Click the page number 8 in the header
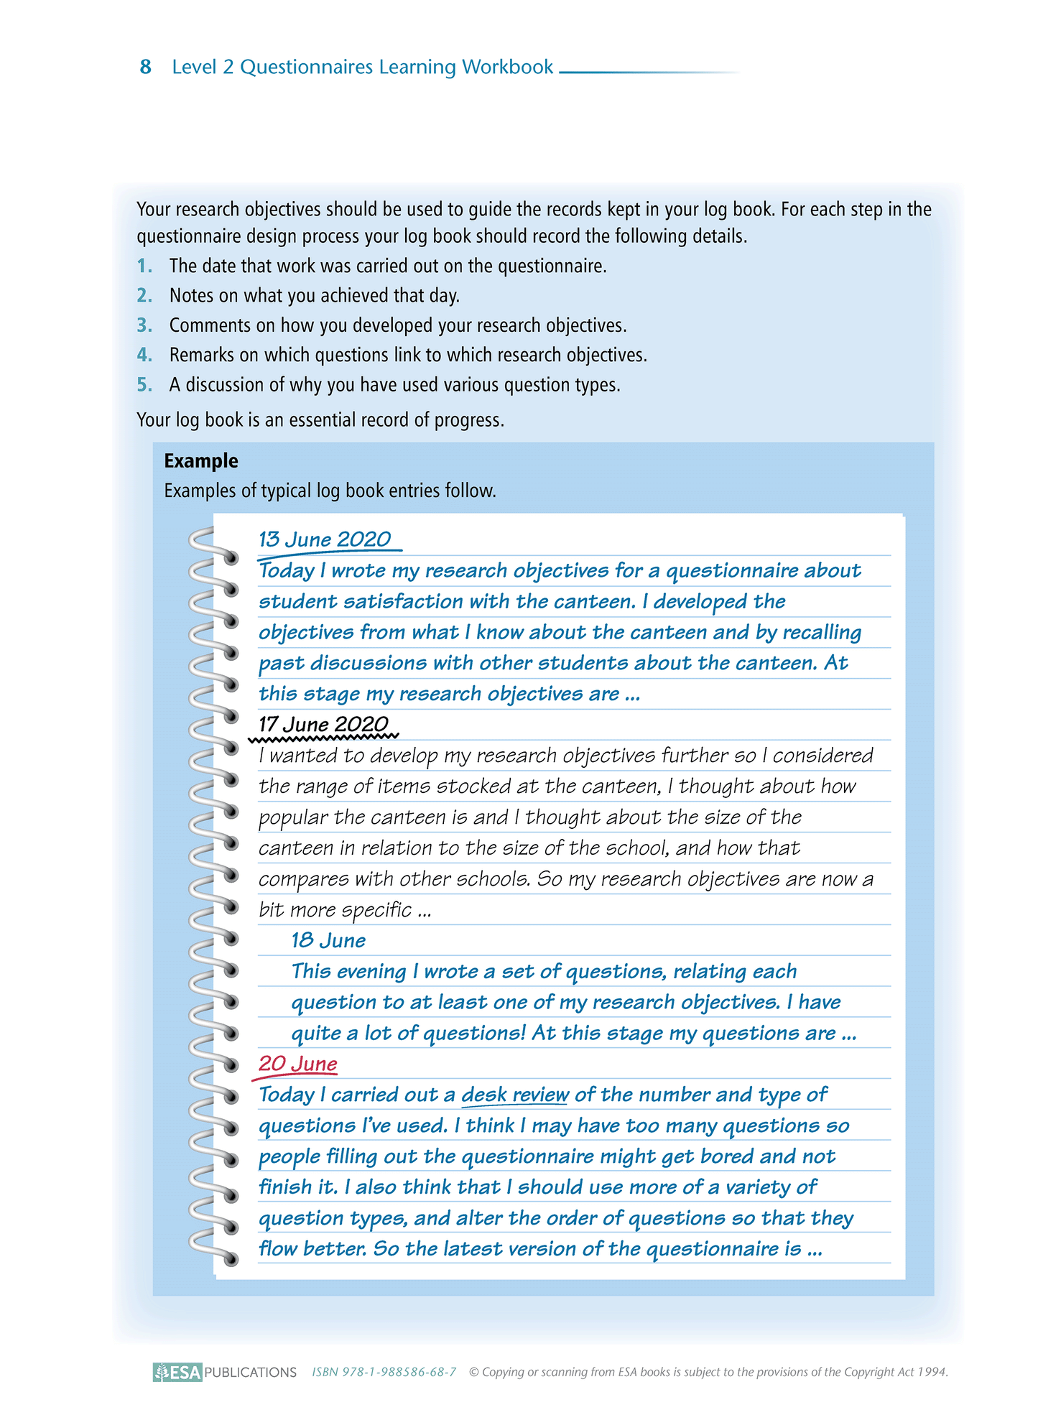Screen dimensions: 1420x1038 [x=145, y=67]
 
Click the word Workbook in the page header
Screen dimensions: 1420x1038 [x=507, y=67]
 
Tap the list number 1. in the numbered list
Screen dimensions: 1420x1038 [x=144, y=266]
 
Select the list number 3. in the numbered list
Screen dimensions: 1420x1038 [x=144, y=325]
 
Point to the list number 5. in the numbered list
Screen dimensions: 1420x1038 [x=144, y=385]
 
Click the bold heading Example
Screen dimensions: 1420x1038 [x=201, y=461]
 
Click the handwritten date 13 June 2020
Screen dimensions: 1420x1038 [x=325, y=539]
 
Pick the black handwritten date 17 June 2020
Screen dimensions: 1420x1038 [x=323, y=724]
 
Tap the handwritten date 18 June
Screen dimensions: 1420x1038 [x=328, y=940]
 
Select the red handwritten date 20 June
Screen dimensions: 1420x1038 [x=297, y=1064]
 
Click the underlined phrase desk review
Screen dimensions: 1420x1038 [x=514, y=1095]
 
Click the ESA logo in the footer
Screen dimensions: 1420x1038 [x=177, y=1372]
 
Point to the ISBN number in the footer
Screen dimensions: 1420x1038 [x=384, y=1372]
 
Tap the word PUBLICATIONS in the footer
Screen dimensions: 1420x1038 [x=250, y=1372]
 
